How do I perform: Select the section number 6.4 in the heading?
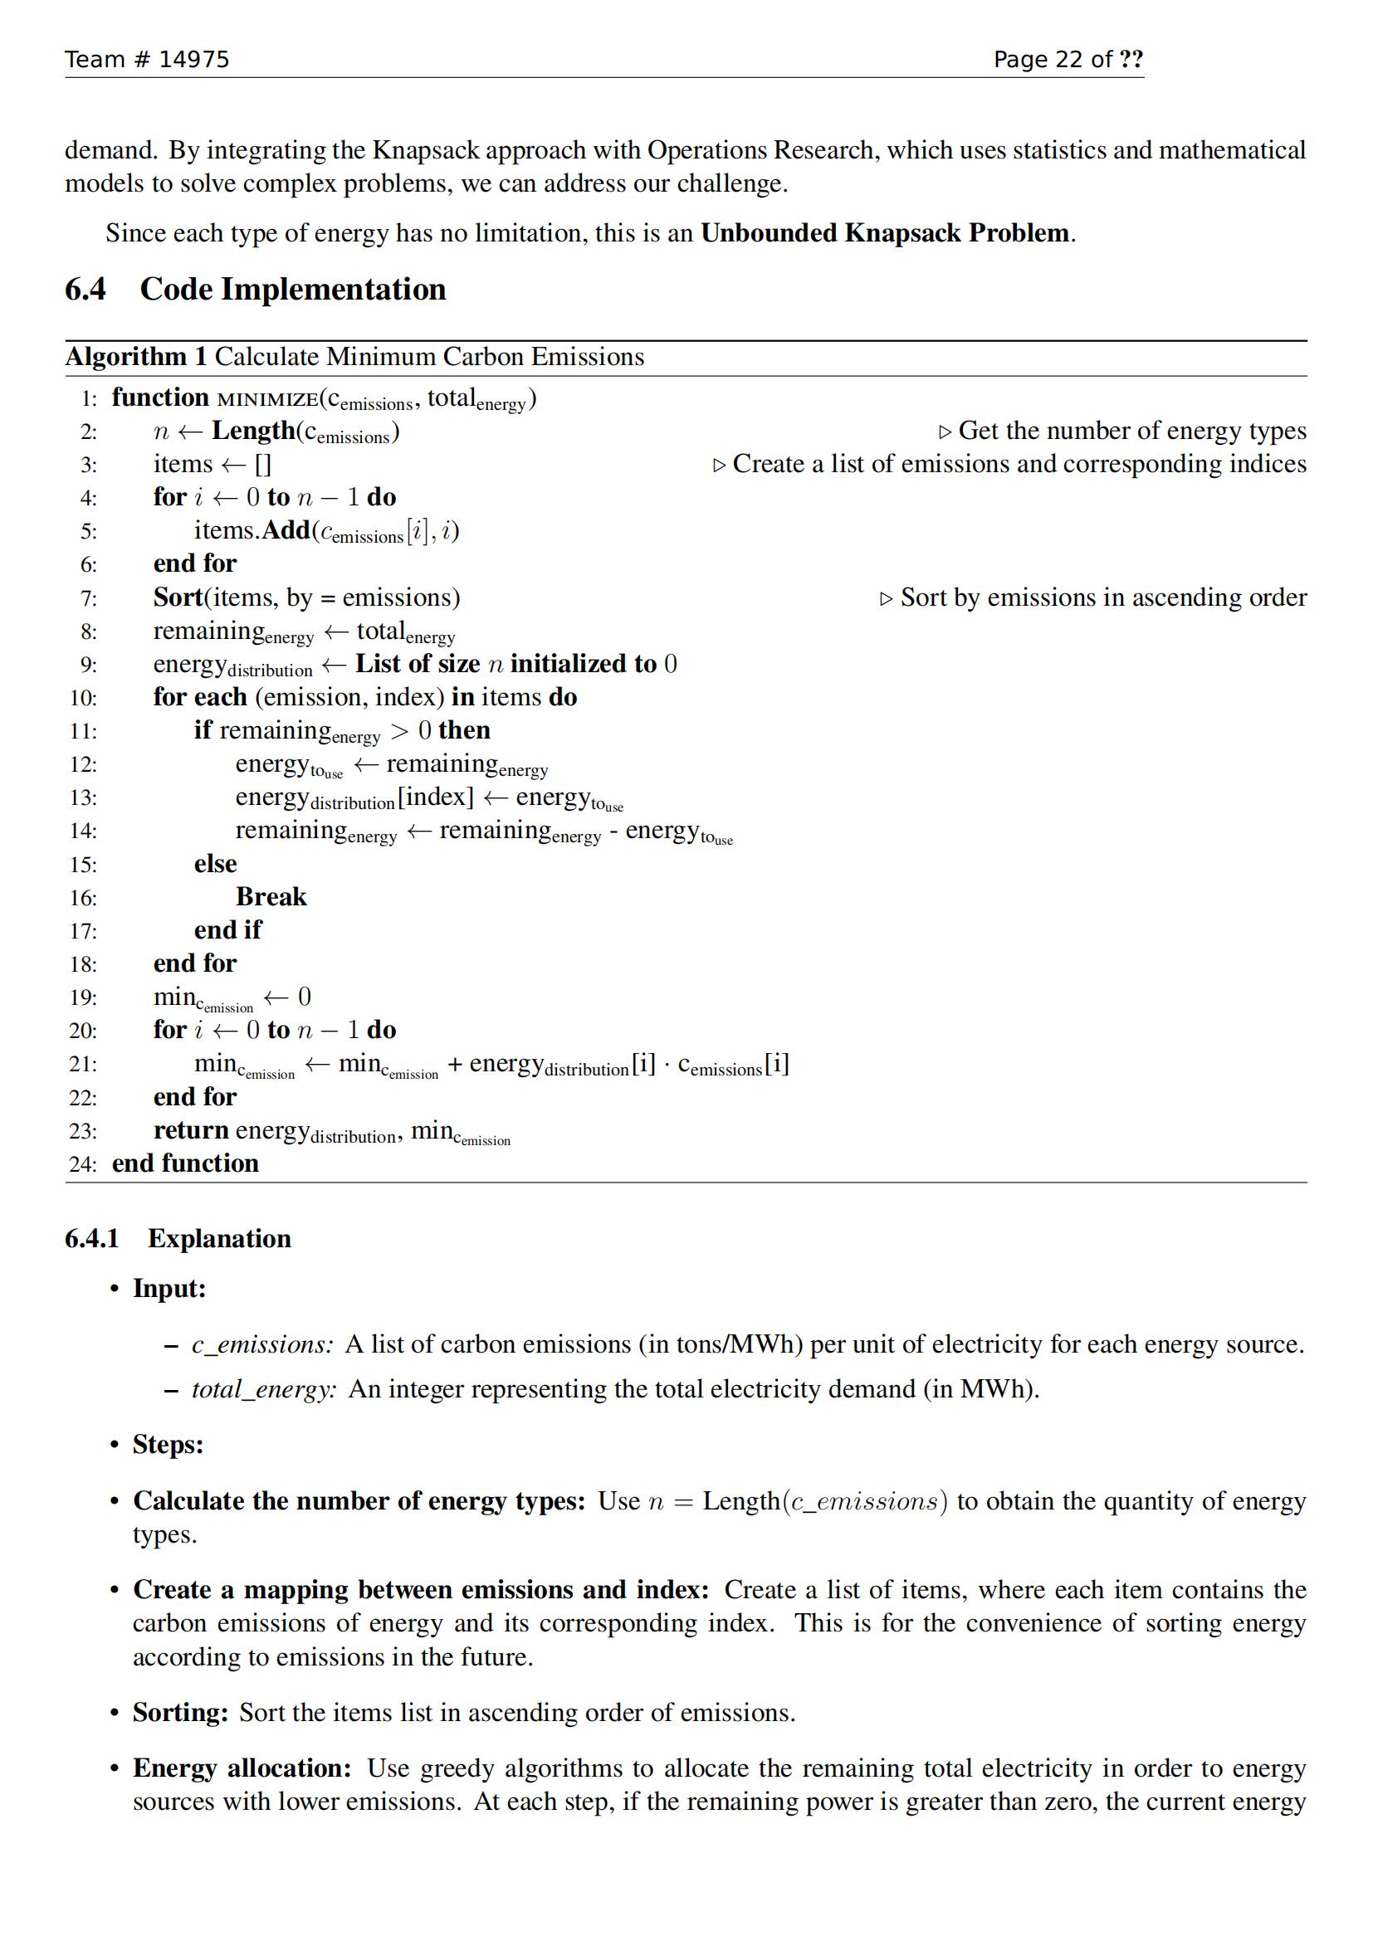click(x=86, y=289)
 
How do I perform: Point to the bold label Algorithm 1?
click(x=136, y=357)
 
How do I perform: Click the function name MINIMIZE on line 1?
click(x=267, y=398)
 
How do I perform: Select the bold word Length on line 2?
click(x=253, y=432)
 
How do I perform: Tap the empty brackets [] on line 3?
click(x=263, y=464)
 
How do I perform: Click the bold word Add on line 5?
click(x=286, y=531)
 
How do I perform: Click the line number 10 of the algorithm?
click(x=84, y=698)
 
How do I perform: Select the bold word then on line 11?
click(x=464, y=730)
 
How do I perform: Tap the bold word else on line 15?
click(x=216, y=864)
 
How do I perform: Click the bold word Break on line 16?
click(x=271, y=897)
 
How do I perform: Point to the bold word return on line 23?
click(x=191, y=1130)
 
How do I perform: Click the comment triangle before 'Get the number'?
click(x=945, y=433)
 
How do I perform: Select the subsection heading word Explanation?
click(x=219, y=1238)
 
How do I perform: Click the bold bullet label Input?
click(x=169, y=1289)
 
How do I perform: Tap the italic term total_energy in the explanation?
click(x=264, y=1389)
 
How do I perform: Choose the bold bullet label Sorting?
click(x=180, y=1712)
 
